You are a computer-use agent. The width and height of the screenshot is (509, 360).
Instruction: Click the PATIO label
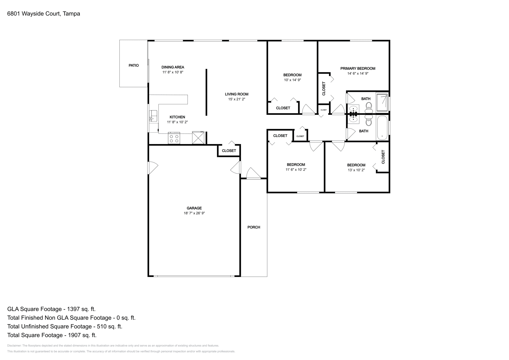(134, 66)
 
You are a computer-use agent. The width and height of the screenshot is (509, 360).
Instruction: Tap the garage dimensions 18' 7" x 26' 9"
(194, 213)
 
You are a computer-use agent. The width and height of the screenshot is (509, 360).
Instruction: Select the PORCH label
(254, 227)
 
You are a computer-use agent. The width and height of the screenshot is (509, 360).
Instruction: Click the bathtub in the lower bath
(382, 128)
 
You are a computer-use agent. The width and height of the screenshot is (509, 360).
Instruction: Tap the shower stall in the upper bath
(382, 102)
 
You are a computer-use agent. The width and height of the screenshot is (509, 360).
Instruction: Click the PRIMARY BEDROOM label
(358, 68)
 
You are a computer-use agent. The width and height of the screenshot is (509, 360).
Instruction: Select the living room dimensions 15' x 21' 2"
(236, 99)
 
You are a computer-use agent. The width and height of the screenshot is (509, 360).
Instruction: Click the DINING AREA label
(173, 67)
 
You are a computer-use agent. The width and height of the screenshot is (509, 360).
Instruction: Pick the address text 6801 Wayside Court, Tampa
(44, 14)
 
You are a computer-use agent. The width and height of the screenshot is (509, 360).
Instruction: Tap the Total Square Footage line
(52, 335)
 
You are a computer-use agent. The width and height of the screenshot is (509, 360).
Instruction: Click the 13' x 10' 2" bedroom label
(356, 165)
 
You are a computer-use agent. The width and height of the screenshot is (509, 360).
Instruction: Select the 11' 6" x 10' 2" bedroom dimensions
(296, 170)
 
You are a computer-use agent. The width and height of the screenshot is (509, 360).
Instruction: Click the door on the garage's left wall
(152, 168)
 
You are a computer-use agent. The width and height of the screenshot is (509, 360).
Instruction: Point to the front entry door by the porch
(254, 174)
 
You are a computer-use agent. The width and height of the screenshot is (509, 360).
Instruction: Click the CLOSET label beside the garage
(229, 151)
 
